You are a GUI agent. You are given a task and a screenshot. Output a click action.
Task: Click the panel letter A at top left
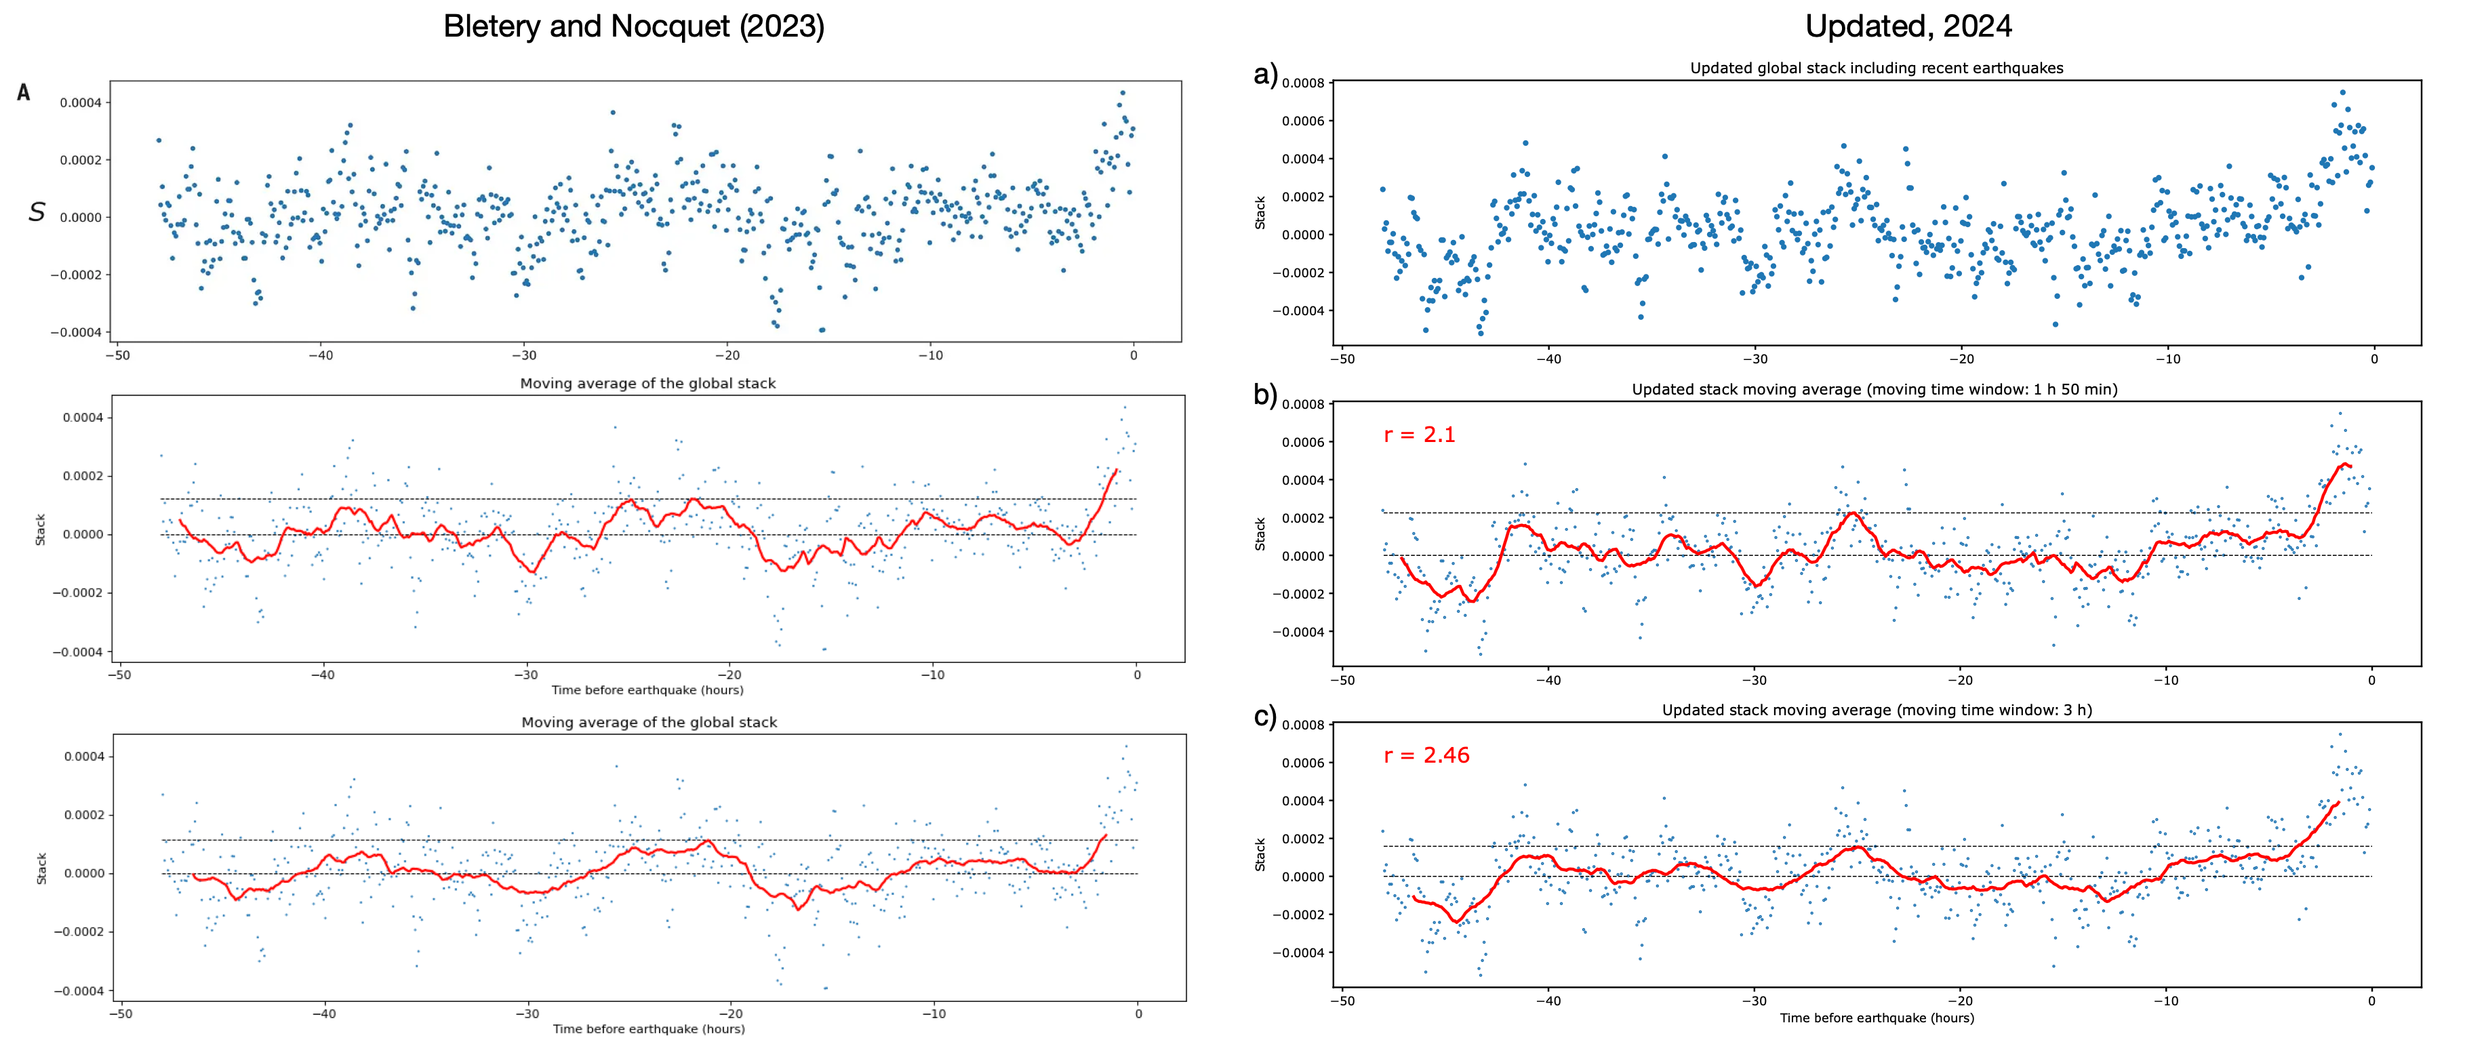pyautogui.click(x=24, y=93)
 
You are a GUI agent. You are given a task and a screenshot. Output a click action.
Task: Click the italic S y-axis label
pyautogui.click(x=37, y=212)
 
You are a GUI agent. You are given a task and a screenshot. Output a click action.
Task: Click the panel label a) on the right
pyautogui.click(x=1265, y=75)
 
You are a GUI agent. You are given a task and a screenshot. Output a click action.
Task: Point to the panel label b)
pyautogui.click(x=1265, y=395)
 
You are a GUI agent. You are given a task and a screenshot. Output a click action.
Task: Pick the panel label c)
pyautogui.click(x=1265, y=716)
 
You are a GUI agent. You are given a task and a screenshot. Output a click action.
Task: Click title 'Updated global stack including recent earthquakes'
pyautogui.click(x=1876, y=68)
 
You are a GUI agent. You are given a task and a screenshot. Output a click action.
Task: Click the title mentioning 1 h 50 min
pyautogui.click(x=1874, y=390)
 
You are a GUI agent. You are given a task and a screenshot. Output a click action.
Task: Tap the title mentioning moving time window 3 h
pyautogui.click(x=1876, y=710)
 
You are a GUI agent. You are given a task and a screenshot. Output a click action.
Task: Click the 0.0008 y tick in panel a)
pyautogui.click(x=1302, y=83)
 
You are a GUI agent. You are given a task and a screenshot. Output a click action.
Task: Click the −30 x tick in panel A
pyautogui.click(x=523, y=355)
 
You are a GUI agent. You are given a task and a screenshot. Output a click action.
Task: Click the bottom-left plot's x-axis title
pyautogui.click(x=648, y=1028)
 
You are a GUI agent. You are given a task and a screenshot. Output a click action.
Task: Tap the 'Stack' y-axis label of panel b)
pyautogui.click(x=1260, y=534)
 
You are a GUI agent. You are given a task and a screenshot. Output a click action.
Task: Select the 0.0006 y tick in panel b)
pyautogui.click(x=1302, y=442)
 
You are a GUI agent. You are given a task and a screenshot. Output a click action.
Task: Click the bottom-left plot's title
pyautogui.click(x=649, y=723)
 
